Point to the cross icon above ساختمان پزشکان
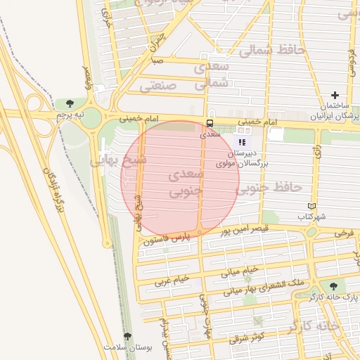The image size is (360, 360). point(335,95)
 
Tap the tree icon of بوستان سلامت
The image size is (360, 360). point(127,337)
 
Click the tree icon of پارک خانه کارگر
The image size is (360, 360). point(333,287)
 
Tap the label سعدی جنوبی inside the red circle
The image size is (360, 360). point(185,181)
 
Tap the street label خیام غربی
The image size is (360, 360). point(172,279)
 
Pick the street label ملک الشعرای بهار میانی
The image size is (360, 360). point(257,287)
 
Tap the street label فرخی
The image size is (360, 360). point(344,232)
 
